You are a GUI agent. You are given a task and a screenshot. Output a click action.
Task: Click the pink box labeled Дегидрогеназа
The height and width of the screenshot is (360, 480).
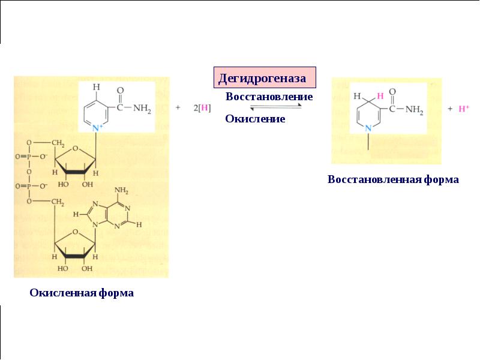coord(265,77)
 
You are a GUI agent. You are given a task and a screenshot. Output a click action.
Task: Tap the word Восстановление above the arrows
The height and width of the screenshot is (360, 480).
coord(269,97)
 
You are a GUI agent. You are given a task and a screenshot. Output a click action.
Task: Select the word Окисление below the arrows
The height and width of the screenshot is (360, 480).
coord(255,119)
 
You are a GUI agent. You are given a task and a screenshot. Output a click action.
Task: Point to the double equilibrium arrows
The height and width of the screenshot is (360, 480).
coord(276,107)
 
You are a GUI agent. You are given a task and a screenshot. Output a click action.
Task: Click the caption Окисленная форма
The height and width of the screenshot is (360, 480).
coord(82,293)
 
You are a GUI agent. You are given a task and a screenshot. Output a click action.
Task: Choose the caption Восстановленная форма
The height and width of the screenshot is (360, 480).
coord(393,179)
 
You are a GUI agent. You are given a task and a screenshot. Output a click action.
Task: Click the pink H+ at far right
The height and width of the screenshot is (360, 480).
coord(463,109)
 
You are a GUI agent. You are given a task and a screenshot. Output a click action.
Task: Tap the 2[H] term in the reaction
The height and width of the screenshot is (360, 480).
coord(202,108)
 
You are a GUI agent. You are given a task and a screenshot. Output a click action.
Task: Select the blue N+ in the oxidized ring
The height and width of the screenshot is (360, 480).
coord(97,128)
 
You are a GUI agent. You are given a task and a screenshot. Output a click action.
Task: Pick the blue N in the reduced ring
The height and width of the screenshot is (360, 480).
coord(368,128)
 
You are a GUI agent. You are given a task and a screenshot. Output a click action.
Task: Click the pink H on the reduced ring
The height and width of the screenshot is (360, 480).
coord(380,96)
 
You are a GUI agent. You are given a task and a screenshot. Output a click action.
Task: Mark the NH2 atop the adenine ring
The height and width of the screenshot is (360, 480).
coord(121,190)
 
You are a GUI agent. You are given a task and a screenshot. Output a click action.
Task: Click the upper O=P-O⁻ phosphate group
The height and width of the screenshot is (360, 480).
coord(32,157)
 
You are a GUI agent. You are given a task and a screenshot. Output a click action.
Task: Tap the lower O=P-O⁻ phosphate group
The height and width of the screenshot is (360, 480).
coord(32,186)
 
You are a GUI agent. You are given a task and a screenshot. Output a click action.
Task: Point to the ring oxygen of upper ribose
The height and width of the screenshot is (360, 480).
coord(76,149)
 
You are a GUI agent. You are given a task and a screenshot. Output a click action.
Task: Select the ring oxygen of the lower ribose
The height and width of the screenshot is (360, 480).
coord(76,232)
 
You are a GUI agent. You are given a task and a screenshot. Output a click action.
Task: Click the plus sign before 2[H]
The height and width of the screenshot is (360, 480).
coord(178,107)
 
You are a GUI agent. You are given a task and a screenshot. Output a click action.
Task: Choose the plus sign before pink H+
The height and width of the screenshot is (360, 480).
coord(450,109)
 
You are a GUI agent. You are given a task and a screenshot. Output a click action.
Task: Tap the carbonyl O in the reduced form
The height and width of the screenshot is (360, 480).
coord(392,92)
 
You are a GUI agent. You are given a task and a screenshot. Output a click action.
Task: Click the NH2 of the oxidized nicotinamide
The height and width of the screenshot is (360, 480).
coord(142,109)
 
